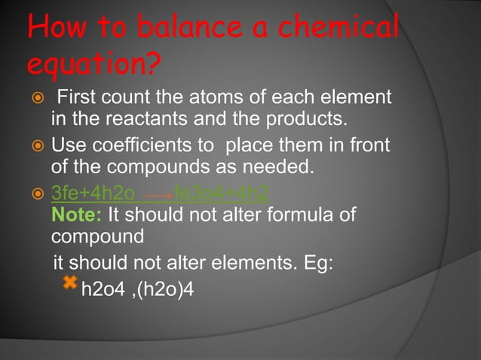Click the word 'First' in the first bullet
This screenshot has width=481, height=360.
(81, 98)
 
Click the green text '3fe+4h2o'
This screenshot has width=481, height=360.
(93, 193)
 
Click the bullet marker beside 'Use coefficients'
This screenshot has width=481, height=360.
(33, 144)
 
